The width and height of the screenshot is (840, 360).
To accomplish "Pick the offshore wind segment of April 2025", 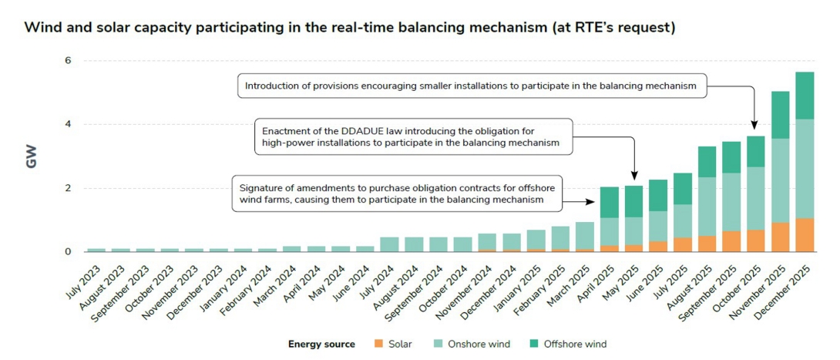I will pyautogui.click(x=610, y=203).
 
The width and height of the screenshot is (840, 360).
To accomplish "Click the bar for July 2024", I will pyautogui.click(x=389, y=244).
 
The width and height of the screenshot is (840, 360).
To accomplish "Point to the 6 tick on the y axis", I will pyautogui.click(x=67, y=61).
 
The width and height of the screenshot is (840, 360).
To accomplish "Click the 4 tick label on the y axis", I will pyautogui.click(x=67, y=124).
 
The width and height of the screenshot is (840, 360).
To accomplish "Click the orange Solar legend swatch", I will pyautogui.click(x=378, y=344).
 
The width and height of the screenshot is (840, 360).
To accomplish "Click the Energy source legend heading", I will pyautogui.click(x=321, y=344).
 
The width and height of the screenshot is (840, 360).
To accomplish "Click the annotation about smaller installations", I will pyautogui.click(x=470, y=86).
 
